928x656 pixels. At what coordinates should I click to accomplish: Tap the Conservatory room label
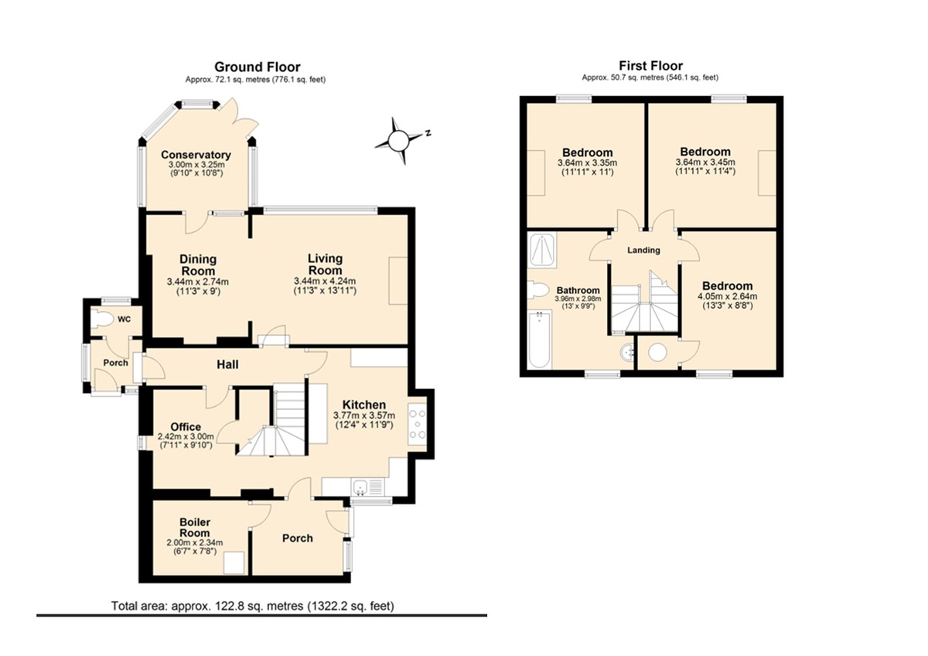(196, 155)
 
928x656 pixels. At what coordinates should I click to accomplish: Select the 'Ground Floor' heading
(258, 67)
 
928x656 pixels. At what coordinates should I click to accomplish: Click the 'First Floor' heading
(651, 66)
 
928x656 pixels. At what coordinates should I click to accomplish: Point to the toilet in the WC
(102, 319)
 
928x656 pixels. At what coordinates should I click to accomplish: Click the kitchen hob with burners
(417, 424)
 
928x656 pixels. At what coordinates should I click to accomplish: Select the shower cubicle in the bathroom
(541, 251)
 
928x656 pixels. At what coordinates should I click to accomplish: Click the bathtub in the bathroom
(540, 340)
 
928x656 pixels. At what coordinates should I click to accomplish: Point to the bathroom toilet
(537, 289)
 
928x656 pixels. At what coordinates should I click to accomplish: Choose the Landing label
(643, 250)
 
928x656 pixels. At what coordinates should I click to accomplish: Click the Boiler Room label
(194, 527)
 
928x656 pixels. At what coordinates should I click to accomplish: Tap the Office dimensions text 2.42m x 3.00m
(186, 436)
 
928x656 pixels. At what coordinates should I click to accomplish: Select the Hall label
(227, 364)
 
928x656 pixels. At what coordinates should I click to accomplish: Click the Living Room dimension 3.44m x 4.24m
(325, 281)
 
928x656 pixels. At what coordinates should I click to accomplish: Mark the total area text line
(253, 606)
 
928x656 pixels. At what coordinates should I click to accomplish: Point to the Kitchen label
(363, 405)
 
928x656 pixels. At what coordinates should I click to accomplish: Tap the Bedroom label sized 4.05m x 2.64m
(727, 286)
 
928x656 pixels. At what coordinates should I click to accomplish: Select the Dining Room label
(198, 265)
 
